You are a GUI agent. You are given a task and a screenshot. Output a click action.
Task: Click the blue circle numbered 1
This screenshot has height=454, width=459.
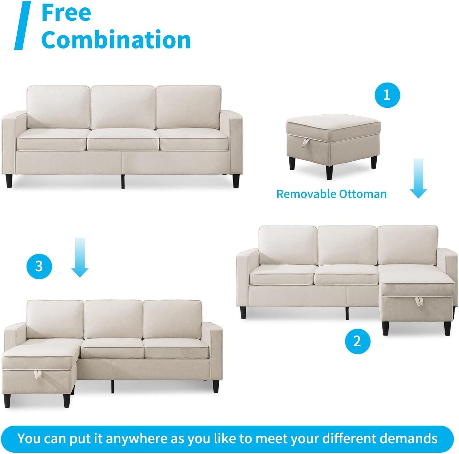pos(387,95)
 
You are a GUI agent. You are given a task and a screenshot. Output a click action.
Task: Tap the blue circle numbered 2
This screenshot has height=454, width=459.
pos(357,341)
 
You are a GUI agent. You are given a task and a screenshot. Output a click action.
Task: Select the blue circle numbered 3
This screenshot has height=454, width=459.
pos(39,266)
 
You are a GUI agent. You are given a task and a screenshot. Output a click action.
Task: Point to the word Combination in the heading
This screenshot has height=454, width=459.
pos(116,39)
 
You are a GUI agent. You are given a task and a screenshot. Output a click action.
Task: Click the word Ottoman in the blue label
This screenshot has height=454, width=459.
pos(363,194)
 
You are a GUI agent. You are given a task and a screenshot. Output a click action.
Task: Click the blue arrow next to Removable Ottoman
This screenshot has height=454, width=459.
pos(418,178)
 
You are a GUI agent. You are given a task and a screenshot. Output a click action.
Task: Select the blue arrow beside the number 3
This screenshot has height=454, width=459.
pos(80,257)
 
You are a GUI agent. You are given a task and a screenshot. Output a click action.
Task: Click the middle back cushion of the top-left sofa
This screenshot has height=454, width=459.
pos(123,107)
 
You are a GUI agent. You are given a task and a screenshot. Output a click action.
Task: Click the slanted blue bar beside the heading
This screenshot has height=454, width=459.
pos(23,26)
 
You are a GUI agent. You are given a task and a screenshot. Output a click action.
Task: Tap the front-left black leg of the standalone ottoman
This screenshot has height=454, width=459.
pos(293,163)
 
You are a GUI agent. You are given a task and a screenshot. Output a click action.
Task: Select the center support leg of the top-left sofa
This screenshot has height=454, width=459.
pos(123,181)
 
